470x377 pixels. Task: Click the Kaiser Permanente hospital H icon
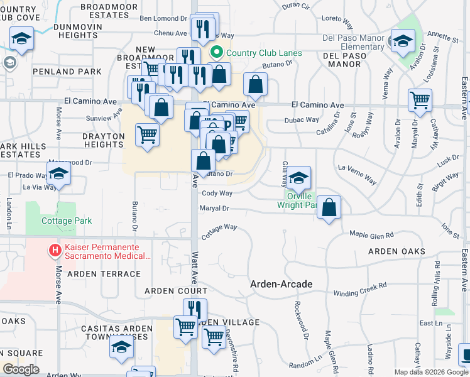click(x=55, y=251)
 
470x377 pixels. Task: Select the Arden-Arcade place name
click(x=281, y=284)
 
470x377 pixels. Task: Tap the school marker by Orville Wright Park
click(x=299, y=177)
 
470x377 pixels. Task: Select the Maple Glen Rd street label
click(x=371, y=235)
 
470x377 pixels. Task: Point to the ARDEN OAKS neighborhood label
click(x=396, y=251)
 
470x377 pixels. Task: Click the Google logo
click(x=21, y=369)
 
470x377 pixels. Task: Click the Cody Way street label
click(x=217, y=194)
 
